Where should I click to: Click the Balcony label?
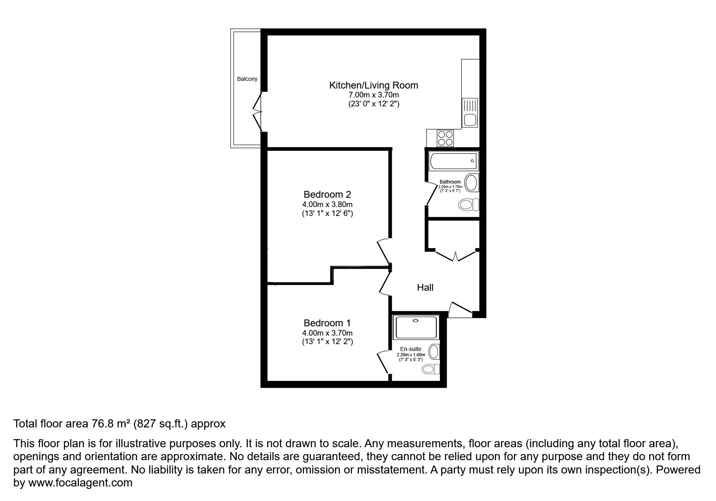pos(247,79)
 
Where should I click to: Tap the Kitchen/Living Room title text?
pos(374,85)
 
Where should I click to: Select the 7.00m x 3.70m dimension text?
pos(374,95)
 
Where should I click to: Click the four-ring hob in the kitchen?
pos(445,138)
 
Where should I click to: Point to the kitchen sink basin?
pos(470,120)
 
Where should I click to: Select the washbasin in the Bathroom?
pos(471,183)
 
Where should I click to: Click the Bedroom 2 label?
pos(327,194)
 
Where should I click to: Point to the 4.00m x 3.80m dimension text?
pos(327,205)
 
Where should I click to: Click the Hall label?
pos(425,287)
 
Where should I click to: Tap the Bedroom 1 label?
pos(327,323)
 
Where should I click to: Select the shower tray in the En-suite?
pos(416,328)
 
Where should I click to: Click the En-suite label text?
pos(411,349)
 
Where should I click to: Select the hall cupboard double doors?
pos(456,255)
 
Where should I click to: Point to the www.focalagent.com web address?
pos(80,483)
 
